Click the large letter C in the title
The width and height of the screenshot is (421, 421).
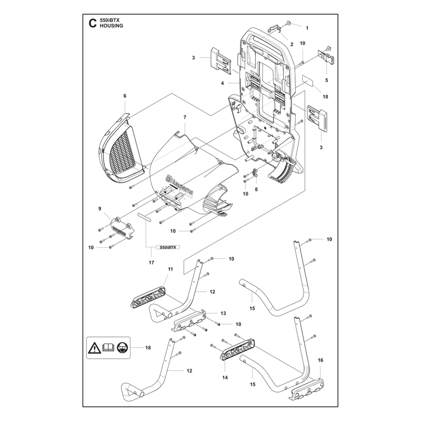[x=92, y=23]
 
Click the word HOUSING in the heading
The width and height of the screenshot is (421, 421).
[x=112, y=26]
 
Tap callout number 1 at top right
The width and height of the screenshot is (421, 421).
[x=307, y=28]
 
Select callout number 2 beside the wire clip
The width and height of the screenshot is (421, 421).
[x=292, y=44]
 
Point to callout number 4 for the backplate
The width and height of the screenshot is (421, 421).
[x=222, y=83]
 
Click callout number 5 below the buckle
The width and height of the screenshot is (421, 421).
[x=326, y=81]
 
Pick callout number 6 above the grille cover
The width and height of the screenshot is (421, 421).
[x=125, y=96]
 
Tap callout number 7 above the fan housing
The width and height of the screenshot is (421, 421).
[x=185, y=117]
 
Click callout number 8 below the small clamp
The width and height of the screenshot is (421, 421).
[x=256, y=189]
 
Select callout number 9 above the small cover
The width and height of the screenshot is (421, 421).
[x=99, y=208]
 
